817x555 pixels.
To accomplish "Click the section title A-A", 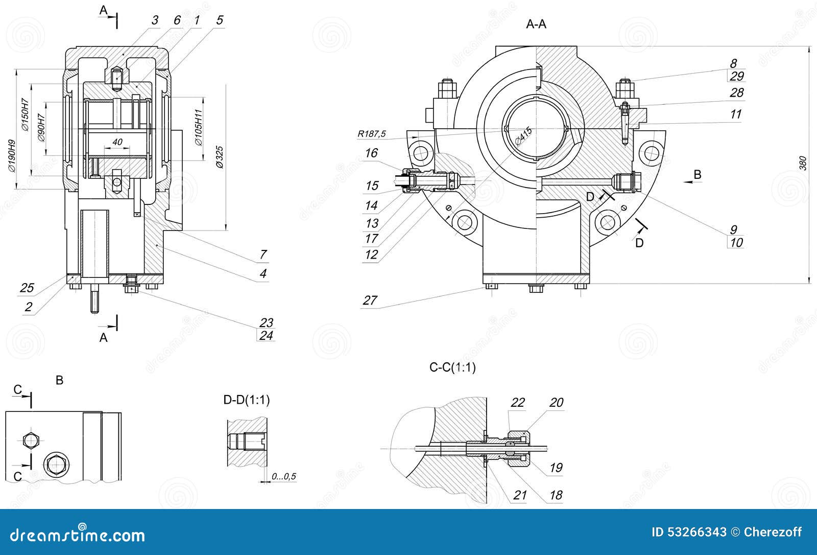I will [536, 25].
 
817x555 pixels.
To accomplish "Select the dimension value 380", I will [802, 163].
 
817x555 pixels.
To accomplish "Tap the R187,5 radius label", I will [371, 134].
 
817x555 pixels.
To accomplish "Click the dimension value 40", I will [117, 142].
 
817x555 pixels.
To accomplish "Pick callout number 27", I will [370, 300].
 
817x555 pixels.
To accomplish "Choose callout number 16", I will [371, 153].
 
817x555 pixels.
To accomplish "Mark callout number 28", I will [736, 93].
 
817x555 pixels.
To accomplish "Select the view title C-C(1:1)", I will [452, 367].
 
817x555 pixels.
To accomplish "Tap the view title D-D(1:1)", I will [247, 400].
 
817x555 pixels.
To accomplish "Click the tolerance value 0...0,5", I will [284, 477].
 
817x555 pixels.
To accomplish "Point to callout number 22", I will [517, 403].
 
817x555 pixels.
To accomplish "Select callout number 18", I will [556, 495].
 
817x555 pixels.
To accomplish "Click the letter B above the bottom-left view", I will [59, 381].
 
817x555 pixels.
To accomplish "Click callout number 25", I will [27, 288].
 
